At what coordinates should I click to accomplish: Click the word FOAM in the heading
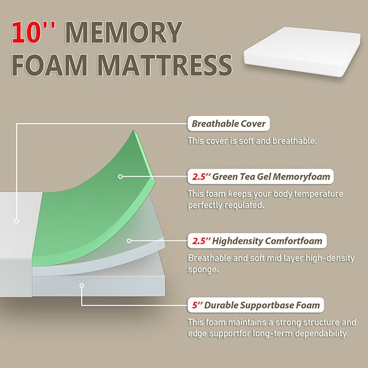46,66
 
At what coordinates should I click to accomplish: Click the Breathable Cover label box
229,124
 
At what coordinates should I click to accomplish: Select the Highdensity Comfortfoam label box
258,240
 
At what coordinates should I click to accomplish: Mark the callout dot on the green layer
120,176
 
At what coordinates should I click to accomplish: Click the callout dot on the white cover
17,220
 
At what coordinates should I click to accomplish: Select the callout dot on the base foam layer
83,284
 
